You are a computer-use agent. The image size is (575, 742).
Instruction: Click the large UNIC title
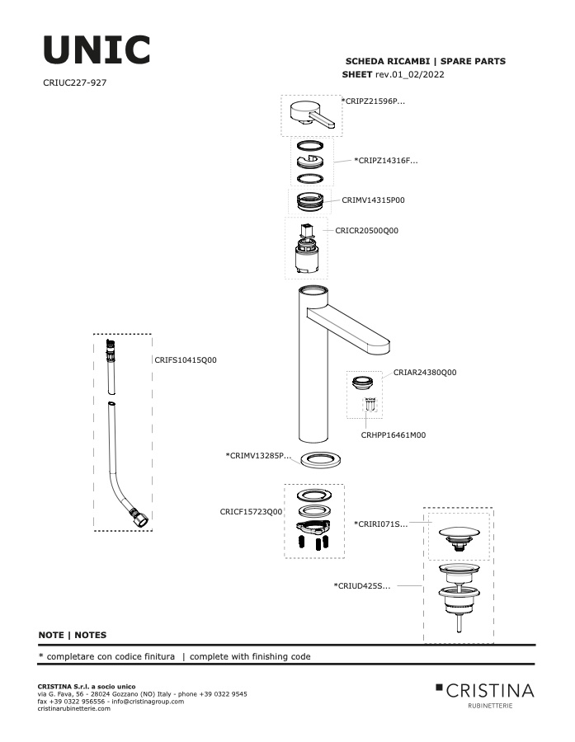click(97, 49)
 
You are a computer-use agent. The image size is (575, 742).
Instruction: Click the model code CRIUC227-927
click(75, 82)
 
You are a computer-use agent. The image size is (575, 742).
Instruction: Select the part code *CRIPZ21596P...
click(373, 101)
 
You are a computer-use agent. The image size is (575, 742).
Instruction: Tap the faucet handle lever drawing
click(312, 115)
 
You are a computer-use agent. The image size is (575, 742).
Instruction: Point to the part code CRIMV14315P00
click(373, 200)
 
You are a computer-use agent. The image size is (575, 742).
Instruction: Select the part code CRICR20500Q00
click(366, 231)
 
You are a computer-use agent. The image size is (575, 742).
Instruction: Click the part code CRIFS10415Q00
click(186, 359)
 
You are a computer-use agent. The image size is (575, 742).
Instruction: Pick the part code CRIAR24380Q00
click(425, 372)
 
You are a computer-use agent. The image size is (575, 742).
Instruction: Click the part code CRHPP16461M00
click(394, 434)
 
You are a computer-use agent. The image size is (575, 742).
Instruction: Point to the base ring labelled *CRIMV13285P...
click(321, 458)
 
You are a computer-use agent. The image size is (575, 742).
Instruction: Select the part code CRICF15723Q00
click(251, 511)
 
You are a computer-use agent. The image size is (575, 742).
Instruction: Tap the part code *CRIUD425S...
click(362, 586)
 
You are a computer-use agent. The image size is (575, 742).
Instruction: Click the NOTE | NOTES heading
click(73, 635)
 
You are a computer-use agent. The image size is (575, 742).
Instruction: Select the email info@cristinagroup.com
click(148, 702)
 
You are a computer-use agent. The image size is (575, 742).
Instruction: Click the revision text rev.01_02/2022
click(410, 74)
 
